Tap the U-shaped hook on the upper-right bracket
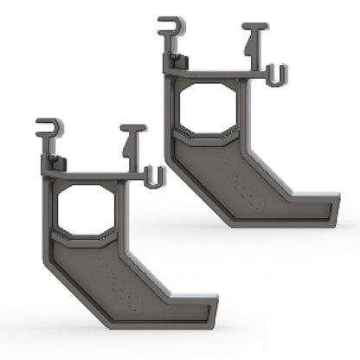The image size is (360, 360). pos(276,75)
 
